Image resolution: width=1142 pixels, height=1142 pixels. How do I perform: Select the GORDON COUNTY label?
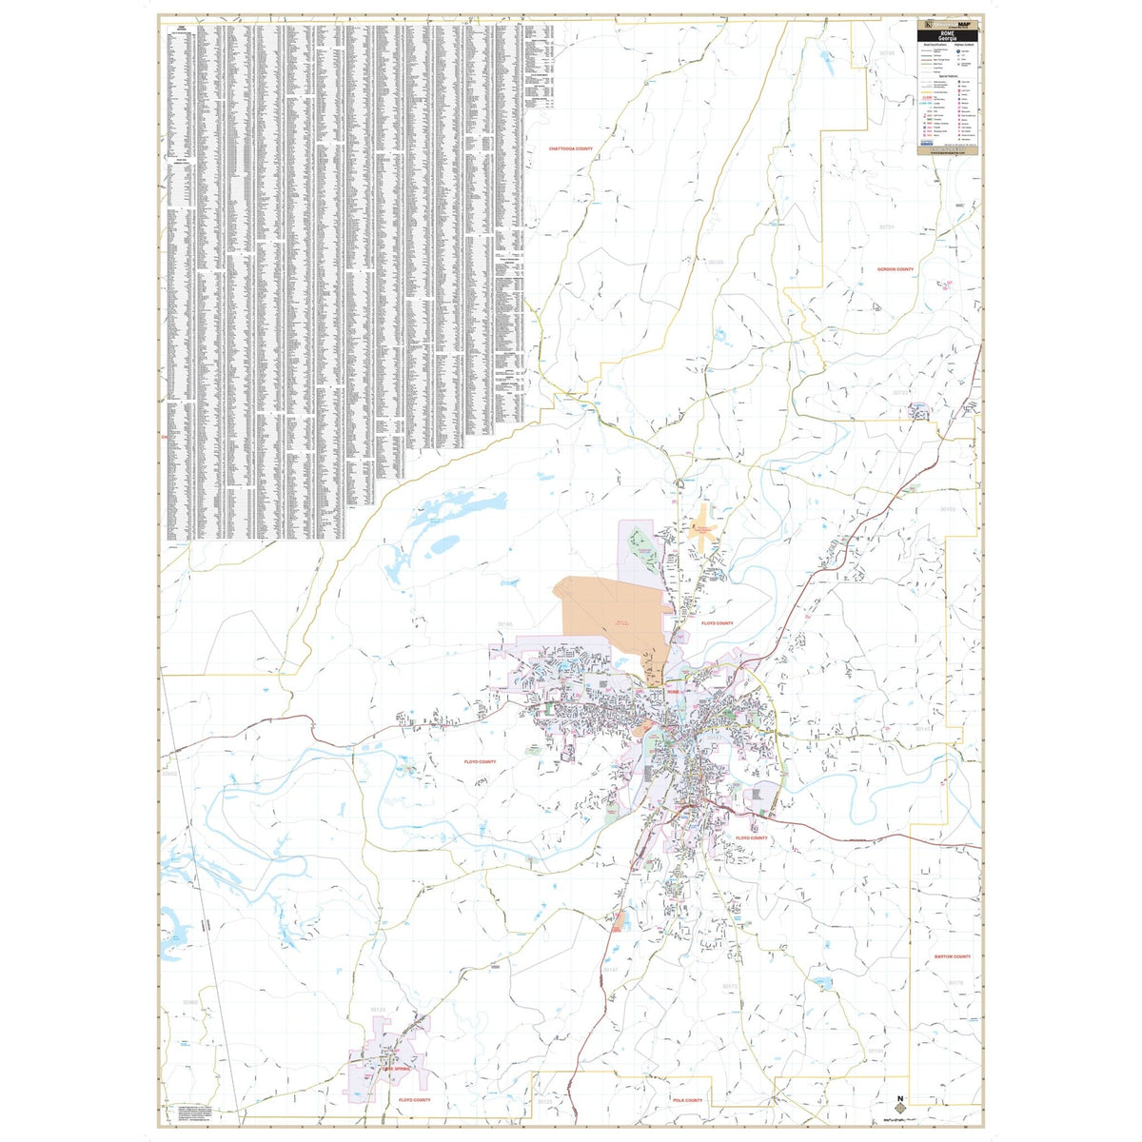click(895, 269)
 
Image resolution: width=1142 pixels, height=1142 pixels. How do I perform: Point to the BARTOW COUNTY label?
click(952, 956)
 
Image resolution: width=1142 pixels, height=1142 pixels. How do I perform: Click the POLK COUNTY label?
click(686, 1100)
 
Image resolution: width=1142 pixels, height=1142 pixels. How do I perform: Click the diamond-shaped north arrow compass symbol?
click(901, 1109)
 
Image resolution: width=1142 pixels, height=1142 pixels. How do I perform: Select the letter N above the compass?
click(901, 1093)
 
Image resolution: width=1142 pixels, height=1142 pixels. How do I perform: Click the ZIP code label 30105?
click(716, 262)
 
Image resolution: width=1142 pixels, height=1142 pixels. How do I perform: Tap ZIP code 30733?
click(900, 392)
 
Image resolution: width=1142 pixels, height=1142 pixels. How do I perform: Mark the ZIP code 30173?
click(729, 986)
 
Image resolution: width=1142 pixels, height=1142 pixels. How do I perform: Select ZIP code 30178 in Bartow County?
click(955, 983)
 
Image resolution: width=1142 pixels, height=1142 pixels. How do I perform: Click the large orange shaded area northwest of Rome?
click(609, 619)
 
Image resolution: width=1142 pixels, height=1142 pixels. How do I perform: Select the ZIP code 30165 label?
click(504, 624)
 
